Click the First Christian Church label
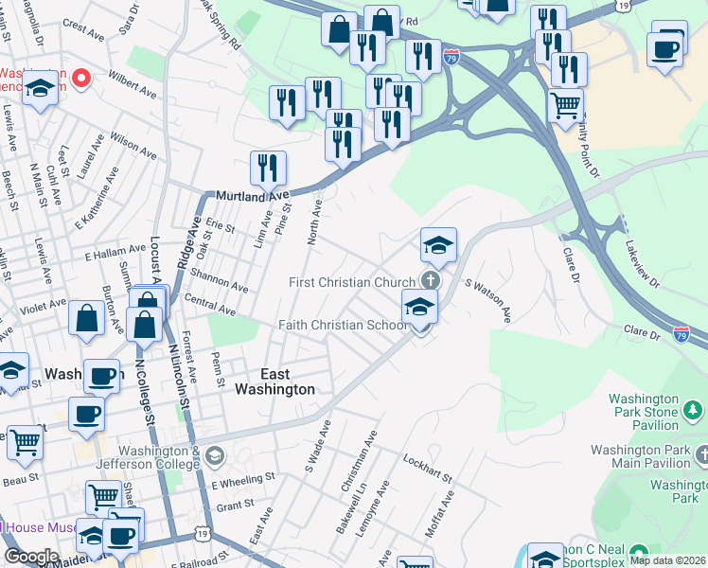pos(352,283)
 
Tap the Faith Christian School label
pos(342,325)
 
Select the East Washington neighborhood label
pos(274,382)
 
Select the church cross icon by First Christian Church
pos(431,280)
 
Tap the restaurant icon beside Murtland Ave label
pos(268,168)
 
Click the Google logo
pos(31,557)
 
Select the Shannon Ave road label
pos(219,281)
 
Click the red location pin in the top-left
pos(81,78)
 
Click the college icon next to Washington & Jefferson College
pos(215,457)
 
